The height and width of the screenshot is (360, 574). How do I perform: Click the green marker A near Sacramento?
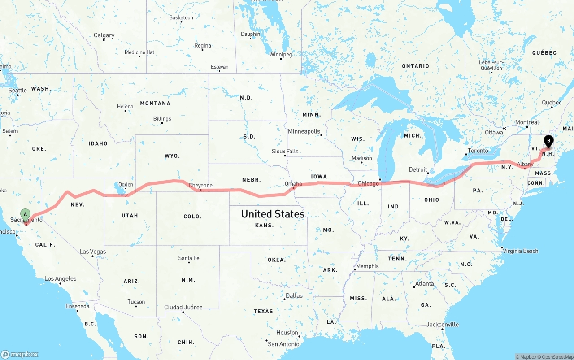[x=26, y=215]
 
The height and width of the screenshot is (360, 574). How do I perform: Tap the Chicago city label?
[x=368, y=183]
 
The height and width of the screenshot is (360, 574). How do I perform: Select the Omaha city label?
[x=293, y=183]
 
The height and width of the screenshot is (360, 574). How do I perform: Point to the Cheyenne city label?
[x=200, y=185]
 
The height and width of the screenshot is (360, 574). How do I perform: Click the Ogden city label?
[x=126, y=184]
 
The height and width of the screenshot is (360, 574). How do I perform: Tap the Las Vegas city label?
[x=93, y=252]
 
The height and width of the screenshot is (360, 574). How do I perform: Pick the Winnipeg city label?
[x=280, y=55]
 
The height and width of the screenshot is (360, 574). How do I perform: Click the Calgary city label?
[x=104, y=35]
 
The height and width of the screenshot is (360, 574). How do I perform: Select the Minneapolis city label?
[x=304, y=131]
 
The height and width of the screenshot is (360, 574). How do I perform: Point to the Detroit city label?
[x=417, y=169]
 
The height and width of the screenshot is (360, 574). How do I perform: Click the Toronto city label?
[x=478, y=151]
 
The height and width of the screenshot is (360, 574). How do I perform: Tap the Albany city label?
[x=525, y=165]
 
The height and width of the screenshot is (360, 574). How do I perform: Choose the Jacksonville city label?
[x=443, y=324]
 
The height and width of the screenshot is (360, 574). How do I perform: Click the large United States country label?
[x=273, y=214]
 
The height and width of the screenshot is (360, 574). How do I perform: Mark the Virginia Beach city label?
[x=520, y=251]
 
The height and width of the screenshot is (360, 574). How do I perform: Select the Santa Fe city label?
[x=188, y=258]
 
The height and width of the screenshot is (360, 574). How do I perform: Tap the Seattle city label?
[x=18, y=90]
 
